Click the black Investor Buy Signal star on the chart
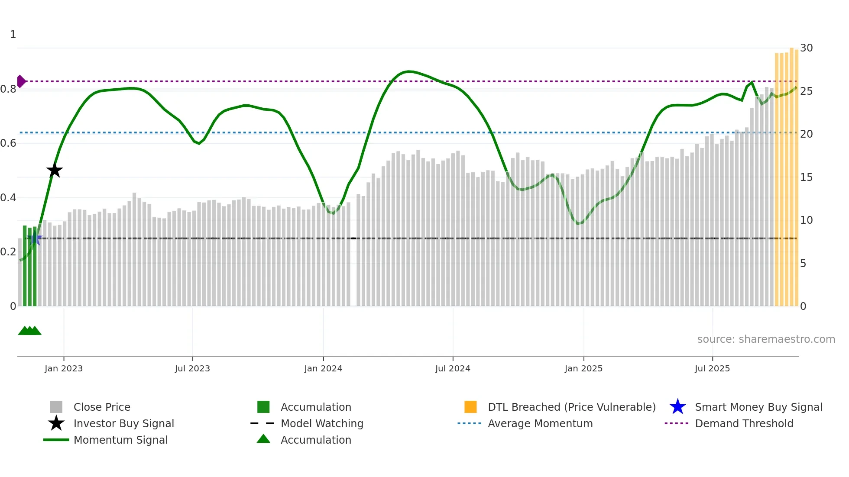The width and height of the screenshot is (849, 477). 55,171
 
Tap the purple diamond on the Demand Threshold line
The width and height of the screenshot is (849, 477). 21,81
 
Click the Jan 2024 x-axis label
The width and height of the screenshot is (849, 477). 323,368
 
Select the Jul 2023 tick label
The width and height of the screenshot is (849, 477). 192,368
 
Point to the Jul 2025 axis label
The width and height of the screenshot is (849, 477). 712,368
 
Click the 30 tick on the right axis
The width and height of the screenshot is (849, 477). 806,48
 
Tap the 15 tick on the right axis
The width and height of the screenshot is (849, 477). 806,177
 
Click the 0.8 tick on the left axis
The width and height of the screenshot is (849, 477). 9,89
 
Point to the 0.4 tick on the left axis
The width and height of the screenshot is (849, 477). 9,198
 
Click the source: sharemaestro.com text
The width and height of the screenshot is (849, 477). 766,339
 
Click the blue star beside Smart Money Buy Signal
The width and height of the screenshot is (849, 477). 677,407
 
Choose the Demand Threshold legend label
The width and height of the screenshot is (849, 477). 744,424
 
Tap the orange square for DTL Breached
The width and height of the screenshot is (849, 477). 470,407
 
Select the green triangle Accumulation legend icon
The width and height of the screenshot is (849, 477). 263,439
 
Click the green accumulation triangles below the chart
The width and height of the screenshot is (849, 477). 29,331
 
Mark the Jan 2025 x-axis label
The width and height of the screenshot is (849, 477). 583,368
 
